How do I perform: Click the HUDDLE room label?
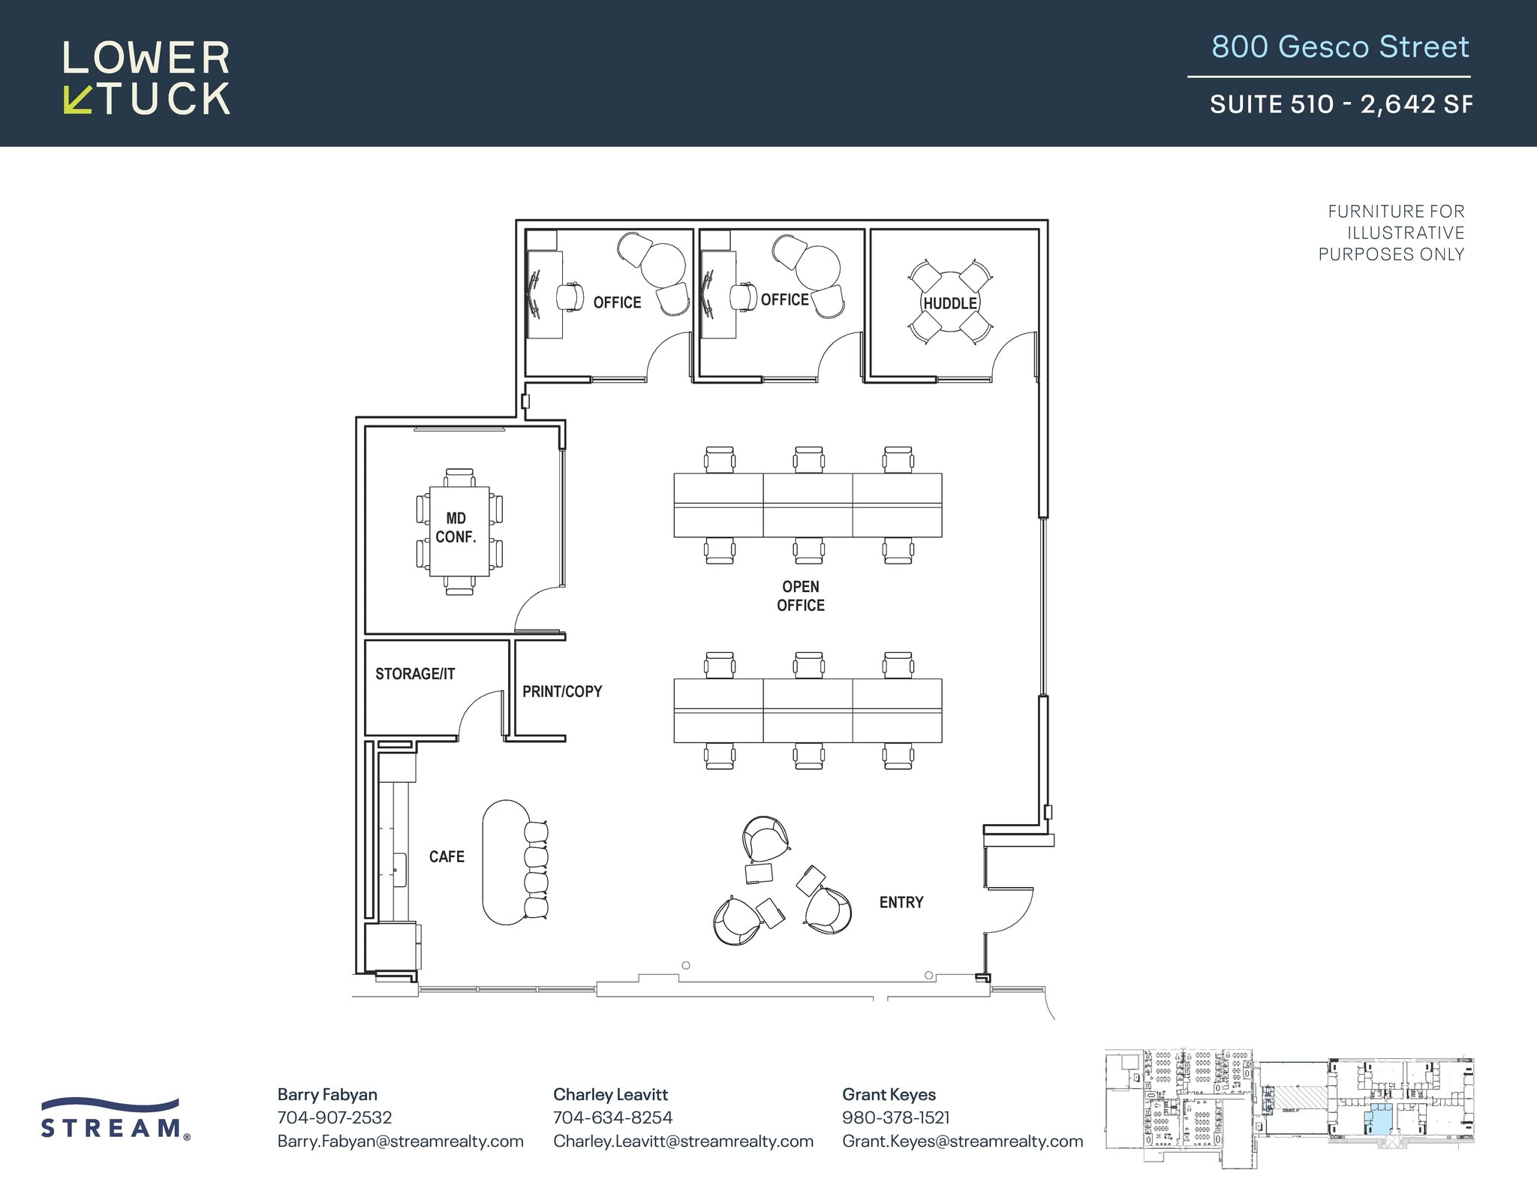(949, 303)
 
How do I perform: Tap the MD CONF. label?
(456, 528)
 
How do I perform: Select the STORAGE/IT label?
(415, 674)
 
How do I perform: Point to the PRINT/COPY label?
(562, 691)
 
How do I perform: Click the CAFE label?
(447, 856)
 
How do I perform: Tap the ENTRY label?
(901, 902)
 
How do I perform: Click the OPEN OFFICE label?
(800, 596)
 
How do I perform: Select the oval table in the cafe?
(504, 862)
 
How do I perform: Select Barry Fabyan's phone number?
(335, 1117)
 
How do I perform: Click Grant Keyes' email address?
(962, 1141)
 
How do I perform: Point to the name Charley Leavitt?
(610, 1094)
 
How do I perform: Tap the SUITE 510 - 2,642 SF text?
(1340, 104)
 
